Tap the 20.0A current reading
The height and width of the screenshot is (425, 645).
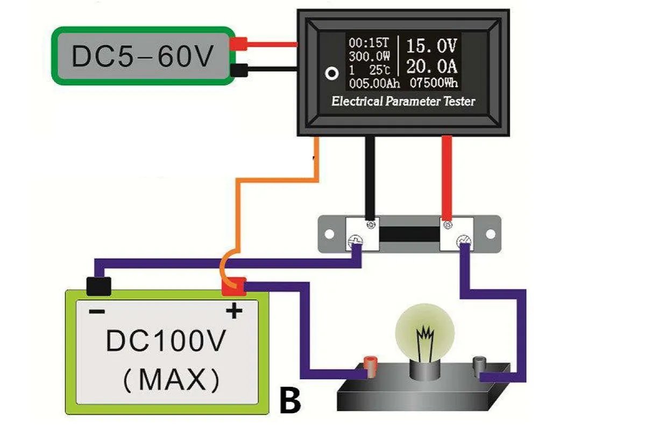coord(431,67)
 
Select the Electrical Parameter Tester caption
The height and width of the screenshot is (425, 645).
coord(403,101)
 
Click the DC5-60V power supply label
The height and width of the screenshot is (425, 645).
coord(143,57)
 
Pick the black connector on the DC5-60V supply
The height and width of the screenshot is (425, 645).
coord(238,70)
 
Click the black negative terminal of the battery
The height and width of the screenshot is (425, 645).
coord(98,286)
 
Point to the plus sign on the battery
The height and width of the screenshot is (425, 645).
coord(234,311)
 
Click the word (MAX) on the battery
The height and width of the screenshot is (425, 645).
coord(171,380)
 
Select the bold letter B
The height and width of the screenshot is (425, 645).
coord(290,400)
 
